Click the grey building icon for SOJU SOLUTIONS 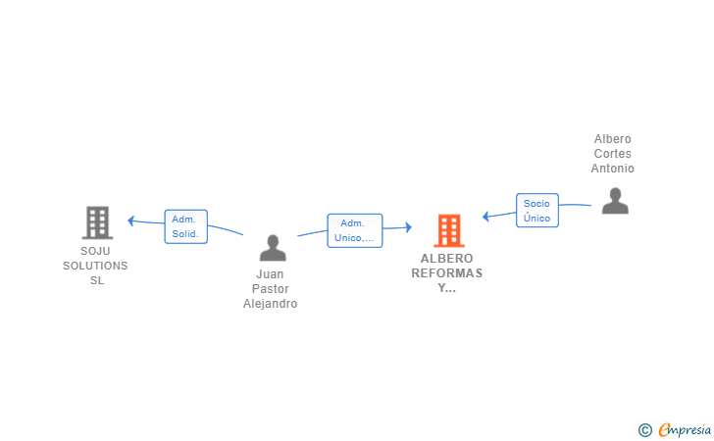click(x=97, y=222)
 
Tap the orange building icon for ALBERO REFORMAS click(x=449, y=230)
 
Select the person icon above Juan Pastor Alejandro click(x=273, y=248)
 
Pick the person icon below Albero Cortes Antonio click(x=615, y=201)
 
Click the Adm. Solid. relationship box click(x=185, y=226)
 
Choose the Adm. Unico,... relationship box click(x=355, y=230)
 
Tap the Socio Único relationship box click(x=537, y=211)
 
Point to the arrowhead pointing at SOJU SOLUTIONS click(x=130, y=220)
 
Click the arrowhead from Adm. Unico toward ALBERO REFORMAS click(x=408, y=227)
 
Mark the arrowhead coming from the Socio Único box click(x=485, y=217)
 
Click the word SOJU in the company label click(x=95, y=251)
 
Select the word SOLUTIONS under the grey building click(x=95, y=266)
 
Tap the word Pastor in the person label click(x=271, y=289)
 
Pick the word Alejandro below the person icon click(x=270, y=304)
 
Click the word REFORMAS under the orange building click(x=446, y=273)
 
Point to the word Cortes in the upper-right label click(x=612, y=154)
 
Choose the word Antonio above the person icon click(x=612, y=169)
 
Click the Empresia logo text click(x=685, y=430)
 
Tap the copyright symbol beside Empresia click(x=645, y=430)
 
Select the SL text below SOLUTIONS click(x=97, y=281)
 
